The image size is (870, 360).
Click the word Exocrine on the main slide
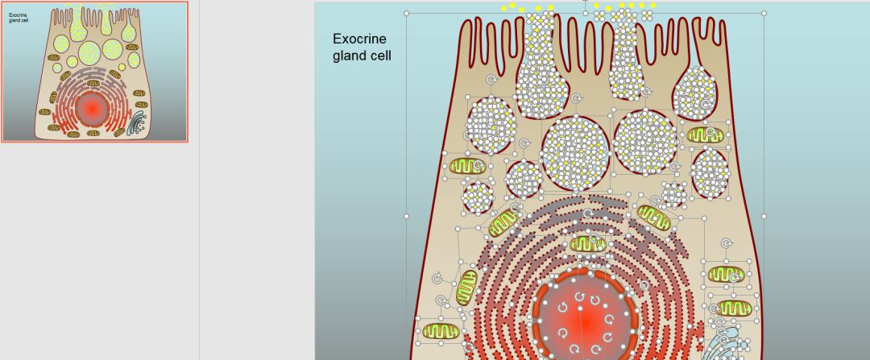pyautogui.click(x=359, y=39)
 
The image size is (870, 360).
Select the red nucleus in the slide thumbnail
pyautogui.click(x=91, y=107)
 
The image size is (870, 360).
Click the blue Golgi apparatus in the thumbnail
pyautogui.click(x=138, y=122)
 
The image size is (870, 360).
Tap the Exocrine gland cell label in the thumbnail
pyautogui.click(x=19, y=17)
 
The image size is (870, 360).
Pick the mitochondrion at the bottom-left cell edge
pyautogui.click(x=440, y=330)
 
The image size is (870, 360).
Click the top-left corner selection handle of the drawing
pyautogui.click(x=407, y=13)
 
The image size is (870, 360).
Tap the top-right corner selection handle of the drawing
pyautogui.click(x=764, y=13)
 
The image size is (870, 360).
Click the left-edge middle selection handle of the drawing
pyautogui.click(x=407, y=216)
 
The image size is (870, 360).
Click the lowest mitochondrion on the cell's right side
pyautogui.click(x=734, y=308)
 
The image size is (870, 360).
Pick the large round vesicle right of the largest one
pyautogui.click(x=645, y=141)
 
